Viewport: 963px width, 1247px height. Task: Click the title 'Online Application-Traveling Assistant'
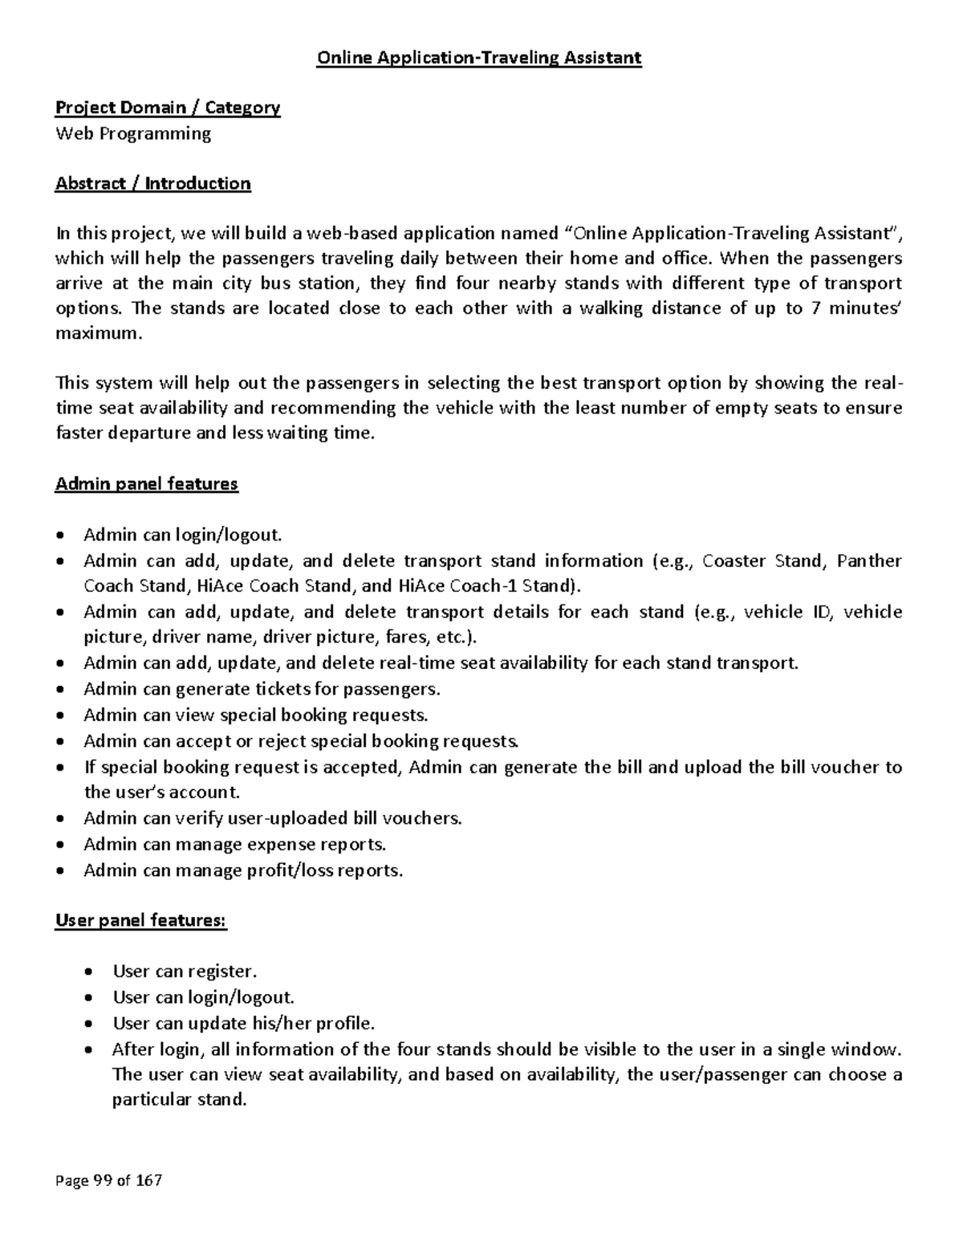pos(480,58)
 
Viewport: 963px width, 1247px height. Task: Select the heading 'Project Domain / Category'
pos(167,108)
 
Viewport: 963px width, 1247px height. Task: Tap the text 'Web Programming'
pos(132,133)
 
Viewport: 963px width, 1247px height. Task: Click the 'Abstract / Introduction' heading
pos(152,183)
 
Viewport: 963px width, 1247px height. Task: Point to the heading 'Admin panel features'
pos(146,484)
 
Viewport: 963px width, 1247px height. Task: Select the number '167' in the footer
pos(148,1180)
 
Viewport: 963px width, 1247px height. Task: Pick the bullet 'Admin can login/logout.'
pos(183,535)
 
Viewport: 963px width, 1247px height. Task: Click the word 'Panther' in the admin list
pos(869,560)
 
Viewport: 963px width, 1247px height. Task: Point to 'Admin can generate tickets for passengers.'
pos(262,689)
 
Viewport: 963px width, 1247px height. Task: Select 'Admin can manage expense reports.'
pos(234,844)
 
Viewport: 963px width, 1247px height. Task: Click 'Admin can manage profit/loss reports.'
pos(242,870)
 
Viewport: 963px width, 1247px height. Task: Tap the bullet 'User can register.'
pos(185,972)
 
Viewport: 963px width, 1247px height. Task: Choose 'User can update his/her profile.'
pos(243,1023)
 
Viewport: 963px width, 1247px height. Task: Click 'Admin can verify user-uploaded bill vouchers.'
pos(273,818)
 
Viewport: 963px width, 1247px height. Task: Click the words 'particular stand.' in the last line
pos(179,1099)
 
